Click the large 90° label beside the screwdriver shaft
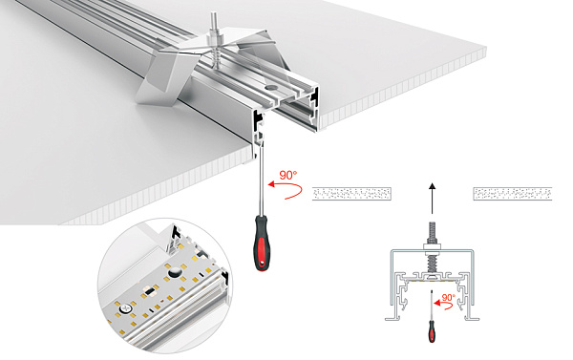tap(288, 176)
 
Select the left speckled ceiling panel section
tap(352, 193)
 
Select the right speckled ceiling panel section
tap(514, 193)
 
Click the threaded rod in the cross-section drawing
tap(431, 233)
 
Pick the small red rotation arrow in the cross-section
tap(441, 307)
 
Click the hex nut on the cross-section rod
tap(431, 250)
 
